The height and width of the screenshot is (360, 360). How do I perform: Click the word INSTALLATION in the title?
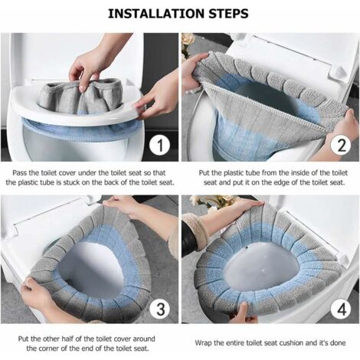(x=157, y=14)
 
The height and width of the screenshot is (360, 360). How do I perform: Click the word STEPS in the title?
(x=228, y=14)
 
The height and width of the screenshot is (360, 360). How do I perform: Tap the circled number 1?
(x=159, y=145)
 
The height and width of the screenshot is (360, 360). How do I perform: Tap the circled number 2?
(x=342, y=145)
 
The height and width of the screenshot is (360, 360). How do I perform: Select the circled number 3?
(x=160, y=309)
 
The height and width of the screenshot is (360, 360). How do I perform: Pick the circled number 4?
(x=342, y=309)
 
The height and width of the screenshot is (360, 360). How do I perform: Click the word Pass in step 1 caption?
(x=20, y=173)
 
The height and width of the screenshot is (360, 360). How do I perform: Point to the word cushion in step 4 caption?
(x=291, y=342)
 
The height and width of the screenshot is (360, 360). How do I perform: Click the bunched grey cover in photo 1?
(x=82, y=96)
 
